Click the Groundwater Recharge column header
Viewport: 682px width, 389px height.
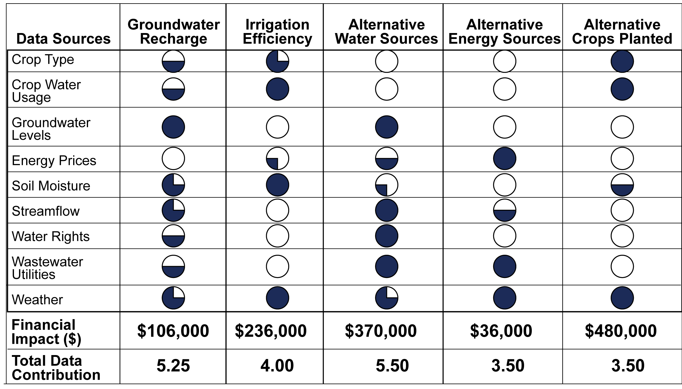pos(173,32)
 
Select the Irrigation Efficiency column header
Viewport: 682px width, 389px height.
pos(277,32)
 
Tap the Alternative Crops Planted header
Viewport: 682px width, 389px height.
pos(622,32)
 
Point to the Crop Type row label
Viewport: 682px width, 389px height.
pos(43,60)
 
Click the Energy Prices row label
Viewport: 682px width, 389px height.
pos(54,161)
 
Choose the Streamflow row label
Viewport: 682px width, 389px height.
pos(46,211)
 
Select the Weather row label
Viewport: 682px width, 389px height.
pos(37,300)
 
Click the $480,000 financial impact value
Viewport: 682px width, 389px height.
pos(621,331)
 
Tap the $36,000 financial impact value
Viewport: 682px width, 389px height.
pos(501,331)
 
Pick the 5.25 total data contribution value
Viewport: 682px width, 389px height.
pos(173,366)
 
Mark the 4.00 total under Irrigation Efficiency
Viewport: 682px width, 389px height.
pos(277,366)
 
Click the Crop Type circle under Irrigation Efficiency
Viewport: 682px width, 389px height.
pos(277,61)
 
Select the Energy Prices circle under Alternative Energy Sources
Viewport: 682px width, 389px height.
pos(504,158)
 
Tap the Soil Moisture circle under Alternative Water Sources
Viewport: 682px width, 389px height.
pos(386,185)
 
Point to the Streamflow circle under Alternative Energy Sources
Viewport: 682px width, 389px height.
pos(504,210)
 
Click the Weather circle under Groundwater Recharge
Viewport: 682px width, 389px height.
pos(173,298)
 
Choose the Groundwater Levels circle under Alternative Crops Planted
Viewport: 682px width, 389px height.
pos(622,127)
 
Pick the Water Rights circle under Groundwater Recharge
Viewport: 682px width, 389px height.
pos(173,236)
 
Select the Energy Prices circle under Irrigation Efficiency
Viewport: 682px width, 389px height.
pos(277,158)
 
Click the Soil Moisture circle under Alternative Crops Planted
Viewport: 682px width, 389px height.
pos(622,185)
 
